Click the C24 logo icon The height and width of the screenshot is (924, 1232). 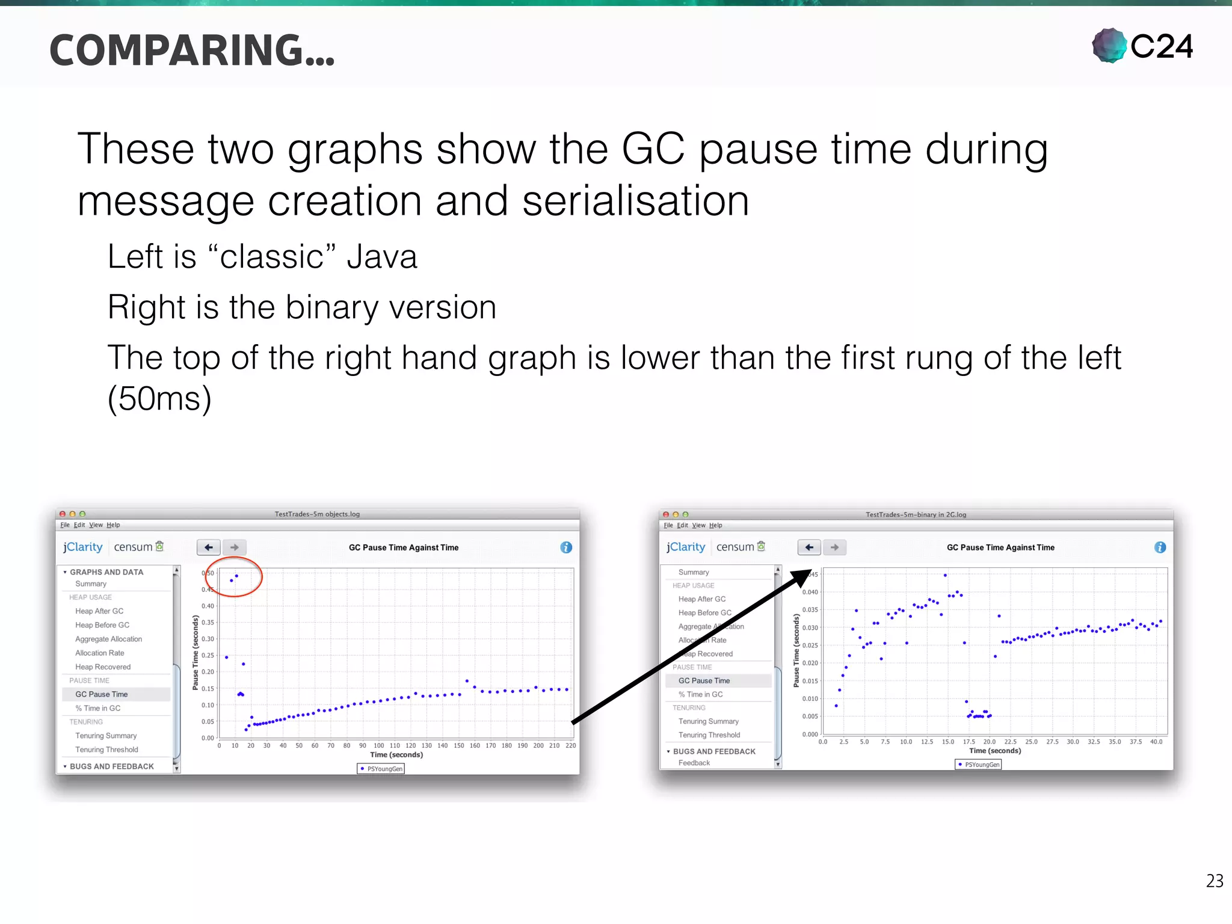1109,46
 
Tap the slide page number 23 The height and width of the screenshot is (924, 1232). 1214,881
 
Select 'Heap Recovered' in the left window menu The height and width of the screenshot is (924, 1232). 103,667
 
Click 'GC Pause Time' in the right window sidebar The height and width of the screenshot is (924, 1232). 704,680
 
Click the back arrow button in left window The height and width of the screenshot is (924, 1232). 209,547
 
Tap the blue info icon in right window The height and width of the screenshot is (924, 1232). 1160,547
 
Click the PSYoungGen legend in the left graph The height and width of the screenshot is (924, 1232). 381,768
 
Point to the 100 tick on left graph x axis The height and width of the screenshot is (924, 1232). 378,745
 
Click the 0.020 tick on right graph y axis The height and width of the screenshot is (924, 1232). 810,663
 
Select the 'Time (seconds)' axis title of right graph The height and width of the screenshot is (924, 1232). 994,750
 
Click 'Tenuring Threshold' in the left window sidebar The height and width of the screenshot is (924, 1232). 106,750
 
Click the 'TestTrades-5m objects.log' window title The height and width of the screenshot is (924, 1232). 317,514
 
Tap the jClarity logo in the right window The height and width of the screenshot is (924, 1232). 685,547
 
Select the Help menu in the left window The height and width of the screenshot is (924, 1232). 113,525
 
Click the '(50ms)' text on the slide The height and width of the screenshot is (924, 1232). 159,398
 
